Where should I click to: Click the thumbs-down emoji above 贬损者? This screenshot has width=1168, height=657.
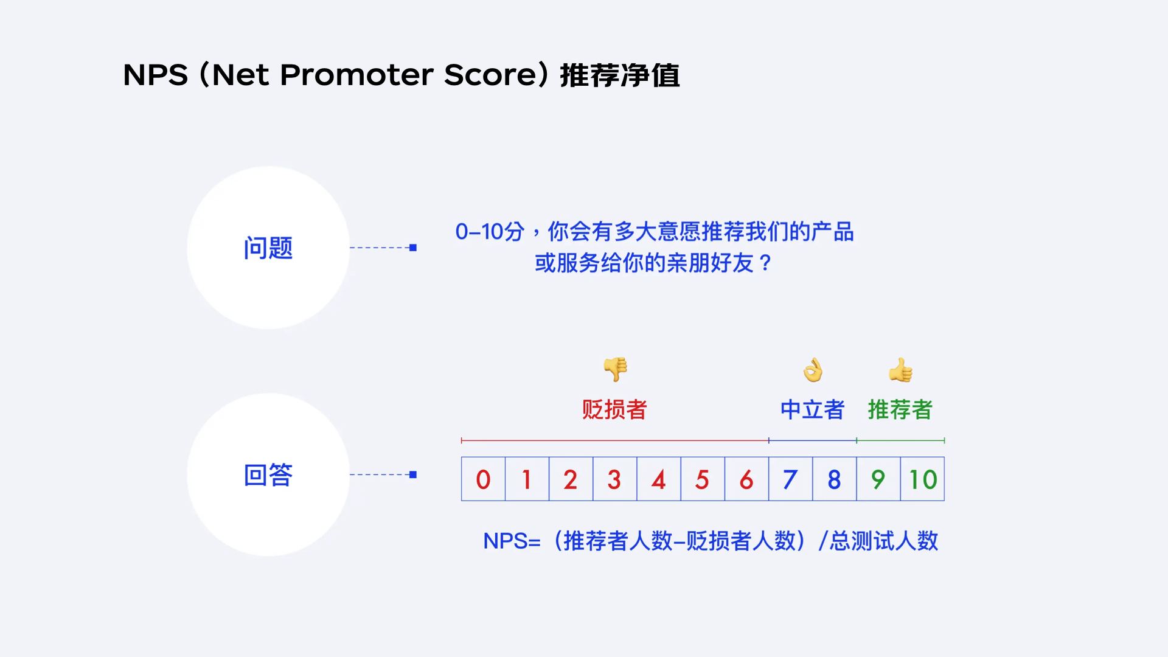[x=615, y=369]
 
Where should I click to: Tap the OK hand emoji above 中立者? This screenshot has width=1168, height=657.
[x=813, y=370]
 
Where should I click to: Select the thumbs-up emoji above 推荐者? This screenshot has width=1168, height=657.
[x=900, y=370]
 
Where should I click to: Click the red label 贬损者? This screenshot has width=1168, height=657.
[x=614, y=409]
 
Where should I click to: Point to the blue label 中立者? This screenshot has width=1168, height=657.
[x=813, y=409]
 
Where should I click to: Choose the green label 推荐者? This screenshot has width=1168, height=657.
[x=900, y=409]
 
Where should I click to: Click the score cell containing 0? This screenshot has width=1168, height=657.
[x=483, y=479]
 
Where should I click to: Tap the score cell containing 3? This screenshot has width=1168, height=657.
[x=614, y=479]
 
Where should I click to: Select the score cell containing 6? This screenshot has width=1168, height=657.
[x=746, y=479]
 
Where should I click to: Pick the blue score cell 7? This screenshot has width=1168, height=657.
[x=790, y=479]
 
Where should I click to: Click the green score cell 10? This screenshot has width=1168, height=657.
[x=922, y=479]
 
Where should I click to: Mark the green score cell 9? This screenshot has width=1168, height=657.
[x=878, y=479]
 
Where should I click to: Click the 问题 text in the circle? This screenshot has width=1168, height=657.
[x=268, y=248]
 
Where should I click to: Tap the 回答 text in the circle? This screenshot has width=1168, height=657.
[x=268, y=475]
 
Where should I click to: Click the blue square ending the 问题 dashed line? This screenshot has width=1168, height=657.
[x=413, y=248]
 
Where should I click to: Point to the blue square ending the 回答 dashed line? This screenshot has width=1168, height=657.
[x=413, y=474]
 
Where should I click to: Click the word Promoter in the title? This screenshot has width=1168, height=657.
[x=356, y=75]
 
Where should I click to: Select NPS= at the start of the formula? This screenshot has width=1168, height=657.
[x=512, y=541]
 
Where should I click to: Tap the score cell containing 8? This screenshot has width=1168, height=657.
[x=834, y=479]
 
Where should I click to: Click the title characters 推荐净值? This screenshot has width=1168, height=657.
[x=619, y=75]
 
